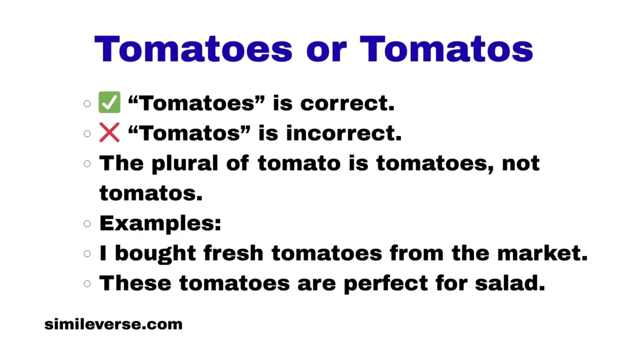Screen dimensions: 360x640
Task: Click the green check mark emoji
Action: [x=109, y=103]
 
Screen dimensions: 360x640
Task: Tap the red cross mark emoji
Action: [x=109, y=133]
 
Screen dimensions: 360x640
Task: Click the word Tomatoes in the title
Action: [x=193, y=49]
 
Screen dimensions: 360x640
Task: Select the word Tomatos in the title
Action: [x=446, y=49]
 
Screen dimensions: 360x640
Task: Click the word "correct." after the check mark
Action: [x=347, y=103]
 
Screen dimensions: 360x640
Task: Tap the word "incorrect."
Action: [x=344, y=133]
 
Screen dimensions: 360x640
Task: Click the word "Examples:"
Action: [x=160, y=224]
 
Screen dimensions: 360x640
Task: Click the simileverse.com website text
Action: [x=113, y=324]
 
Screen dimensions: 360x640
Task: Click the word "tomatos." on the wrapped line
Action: [x=151, y=193]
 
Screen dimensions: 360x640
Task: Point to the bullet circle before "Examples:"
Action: [x=87, y=224]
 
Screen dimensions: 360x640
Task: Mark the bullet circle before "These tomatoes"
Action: [x=87, y=283]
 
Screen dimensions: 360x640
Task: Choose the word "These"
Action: [x=135, y=283]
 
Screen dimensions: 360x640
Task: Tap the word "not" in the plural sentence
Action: [x=521, y=164]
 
